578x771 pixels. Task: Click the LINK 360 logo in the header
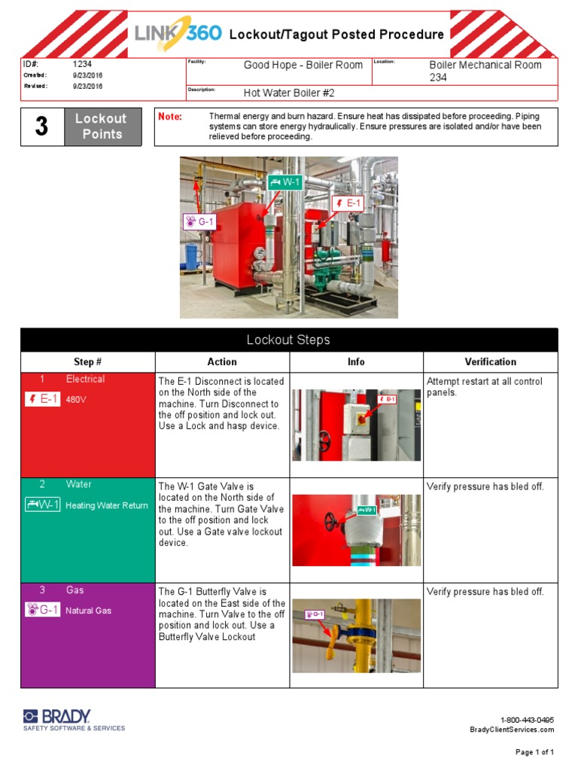pyautogui.click(x=178, y=35)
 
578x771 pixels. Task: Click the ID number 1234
pyautogui.click(x=82, y=65)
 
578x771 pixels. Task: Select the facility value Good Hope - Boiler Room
pyautogui.click(x=303, y=66)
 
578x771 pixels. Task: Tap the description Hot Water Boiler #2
pyautogui.click(x=288, y=93)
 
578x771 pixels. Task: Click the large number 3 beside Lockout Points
pyautogui.click(x=41, y=126)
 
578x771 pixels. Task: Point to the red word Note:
pyautogui.click(x=169, y=117)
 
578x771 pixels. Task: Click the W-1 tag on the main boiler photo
pyautogui.click(x=284, y=181)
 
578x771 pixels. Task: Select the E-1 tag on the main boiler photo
pyautogui.click(x=348, y=203)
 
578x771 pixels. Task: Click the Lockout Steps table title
pyautogui.click(x=289, y=340)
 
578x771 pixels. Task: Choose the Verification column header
pyautogui.click(x=490, y=362)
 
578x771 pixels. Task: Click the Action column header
pyautogui.click(x=222, y=362)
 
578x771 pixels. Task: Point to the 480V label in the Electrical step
pyautogui.click(x=76, y=400)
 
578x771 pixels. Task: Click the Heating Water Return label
pyautogui.click(x=107, y=505)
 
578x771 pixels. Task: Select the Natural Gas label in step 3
pyautogui.click(x=88, y=611)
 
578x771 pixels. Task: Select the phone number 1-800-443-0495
pyautogui.click(x=527, y=720)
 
